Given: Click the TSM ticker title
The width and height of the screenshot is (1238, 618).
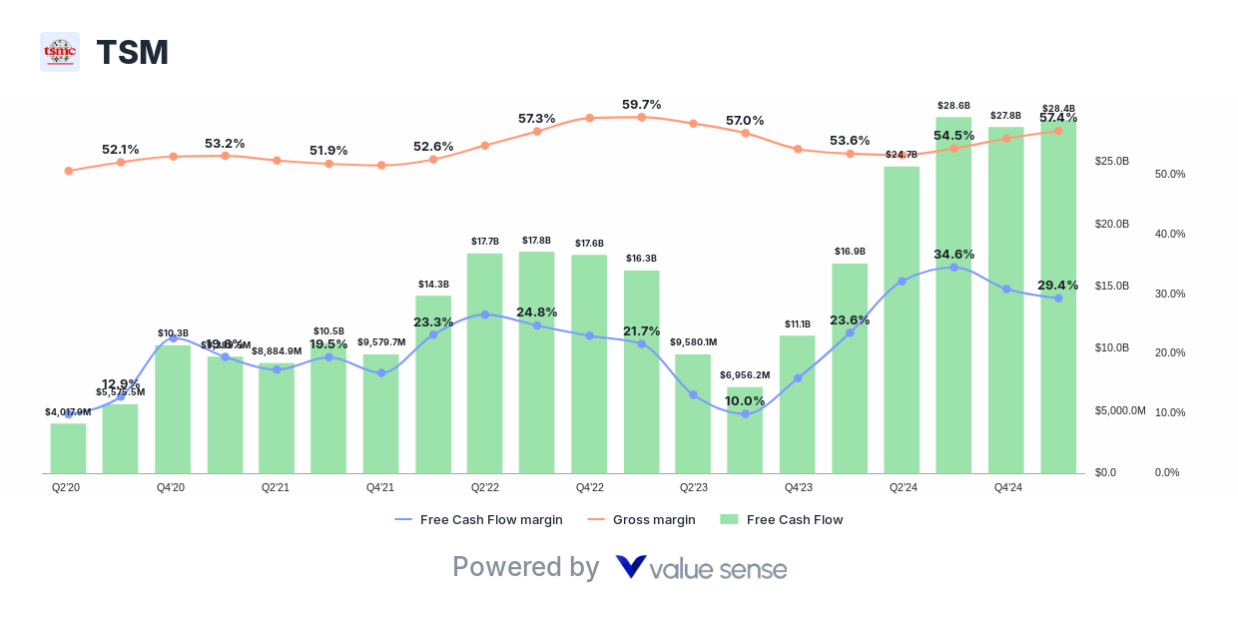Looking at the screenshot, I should (x=132, y=53).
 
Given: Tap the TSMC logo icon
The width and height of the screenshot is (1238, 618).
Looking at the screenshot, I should (x=60, y=52).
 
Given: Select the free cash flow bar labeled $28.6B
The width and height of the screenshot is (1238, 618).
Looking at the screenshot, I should (x=953, y=300).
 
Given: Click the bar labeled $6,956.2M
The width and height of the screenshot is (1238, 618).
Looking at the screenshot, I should (x=745, y=430).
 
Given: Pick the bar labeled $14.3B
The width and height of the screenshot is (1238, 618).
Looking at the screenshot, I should (x=433, y=384).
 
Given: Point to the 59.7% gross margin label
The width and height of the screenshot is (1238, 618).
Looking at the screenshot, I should (x=641, y=104).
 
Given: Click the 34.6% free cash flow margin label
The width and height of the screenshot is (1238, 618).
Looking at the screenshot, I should (x=953, y=254).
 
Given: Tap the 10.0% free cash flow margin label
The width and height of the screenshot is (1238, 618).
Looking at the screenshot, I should (x=745, y=400).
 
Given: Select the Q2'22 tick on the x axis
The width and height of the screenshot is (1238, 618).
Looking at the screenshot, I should (x=484, y=487).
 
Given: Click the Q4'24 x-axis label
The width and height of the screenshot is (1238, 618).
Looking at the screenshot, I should (x=1007, y=487).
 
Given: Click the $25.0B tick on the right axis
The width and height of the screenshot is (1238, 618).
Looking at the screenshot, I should (x=1111, y=161).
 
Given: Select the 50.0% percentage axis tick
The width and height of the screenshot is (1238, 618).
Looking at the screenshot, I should (x=1170, y=174).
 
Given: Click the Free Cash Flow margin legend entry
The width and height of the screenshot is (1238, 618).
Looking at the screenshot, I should (x=479, y=519).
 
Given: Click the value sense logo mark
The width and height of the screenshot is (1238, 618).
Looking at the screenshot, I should (x=631, y=567).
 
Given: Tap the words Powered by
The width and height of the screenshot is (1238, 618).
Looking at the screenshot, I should (x=525, y=567).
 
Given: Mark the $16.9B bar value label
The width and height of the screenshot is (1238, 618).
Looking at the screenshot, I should (x=850, y=251).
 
